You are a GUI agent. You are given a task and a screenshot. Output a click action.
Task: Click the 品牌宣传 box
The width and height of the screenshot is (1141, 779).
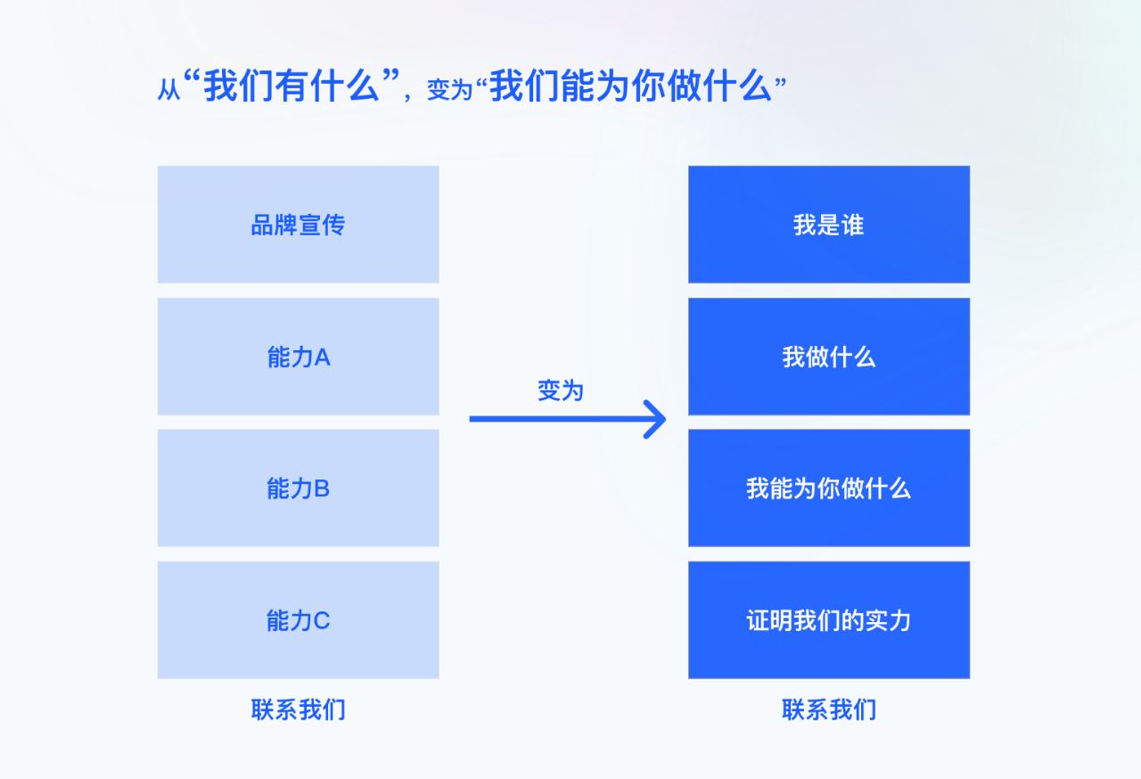[298, 225]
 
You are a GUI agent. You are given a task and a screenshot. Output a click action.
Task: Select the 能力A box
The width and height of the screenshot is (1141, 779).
[298, 357]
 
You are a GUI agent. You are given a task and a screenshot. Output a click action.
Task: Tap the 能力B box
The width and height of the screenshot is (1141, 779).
[298, 488]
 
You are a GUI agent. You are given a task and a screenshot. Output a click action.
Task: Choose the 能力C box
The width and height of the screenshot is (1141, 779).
[298, 620]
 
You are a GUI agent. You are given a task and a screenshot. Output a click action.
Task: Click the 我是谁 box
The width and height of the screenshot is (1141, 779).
[829, 225]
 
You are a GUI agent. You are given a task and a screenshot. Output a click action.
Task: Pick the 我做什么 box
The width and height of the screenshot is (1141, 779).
[829, 357]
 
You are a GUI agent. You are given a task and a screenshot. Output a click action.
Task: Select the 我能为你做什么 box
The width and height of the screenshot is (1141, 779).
[829, 488]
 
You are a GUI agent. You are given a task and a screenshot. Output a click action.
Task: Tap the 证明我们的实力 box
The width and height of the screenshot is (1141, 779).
[829, 620]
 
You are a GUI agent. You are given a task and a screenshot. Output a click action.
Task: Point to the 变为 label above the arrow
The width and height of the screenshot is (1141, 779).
[561, 390]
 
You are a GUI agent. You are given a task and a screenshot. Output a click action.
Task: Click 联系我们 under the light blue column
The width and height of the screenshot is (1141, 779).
[299, 709]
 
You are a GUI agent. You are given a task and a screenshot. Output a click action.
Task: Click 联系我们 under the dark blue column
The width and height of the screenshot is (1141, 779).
[829, 709]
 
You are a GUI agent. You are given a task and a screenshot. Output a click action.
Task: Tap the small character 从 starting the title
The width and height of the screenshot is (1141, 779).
[169, 90]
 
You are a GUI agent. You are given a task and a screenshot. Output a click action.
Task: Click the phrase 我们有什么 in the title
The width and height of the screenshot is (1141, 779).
[291, 86]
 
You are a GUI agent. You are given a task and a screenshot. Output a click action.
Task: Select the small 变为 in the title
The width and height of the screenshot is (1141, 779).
[450, 90]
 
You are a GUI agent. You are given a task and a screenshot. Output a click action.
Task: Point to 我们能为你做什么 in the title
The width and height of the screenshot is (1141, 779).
[630, 86]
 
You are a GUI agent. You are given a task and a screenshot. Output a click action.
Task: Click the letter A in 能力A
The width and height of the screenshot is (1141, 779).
[323, 357]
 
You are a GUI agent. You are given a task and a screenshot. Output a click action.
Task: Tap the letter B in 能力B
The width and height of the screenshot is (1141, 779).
[322, 488]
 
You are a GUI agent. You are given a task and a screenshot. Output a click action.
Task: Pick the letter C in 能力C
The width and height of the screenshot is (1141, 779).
[322, 620]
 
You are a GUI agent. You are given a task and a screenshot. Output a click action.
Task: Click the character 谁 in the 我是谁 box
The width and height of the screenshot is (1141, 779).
[853, 225]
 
